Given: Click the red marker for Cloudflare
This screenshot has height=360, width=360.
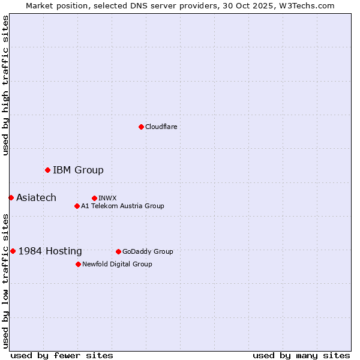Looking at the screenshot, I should coord(141,127).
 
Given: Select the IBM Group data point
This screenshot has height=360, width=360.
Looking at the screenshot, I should coord(47,170).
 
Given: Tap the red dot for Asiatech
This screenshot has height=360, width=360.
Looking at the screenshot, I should coord(11,197).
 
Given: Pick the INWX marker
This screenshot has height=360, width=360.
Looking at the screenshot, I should coord(94,198).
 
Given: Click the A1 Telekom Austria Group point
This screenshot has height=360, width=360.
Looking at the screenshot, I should coord(77,206).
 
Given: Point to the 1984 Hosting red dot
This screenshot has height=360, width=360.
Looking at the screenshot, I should coord(13,251).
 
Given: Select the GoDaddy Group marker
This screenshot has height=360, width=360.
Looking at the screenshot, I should coord(118,251).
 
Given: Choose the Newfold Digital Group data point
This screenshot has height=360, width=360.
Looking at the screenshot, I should coord(78,264).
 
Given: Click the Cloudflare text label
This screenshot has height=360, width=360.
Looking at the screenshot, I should coord(161,127).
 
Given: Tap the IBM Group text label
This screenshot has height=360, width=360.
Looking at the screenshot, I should coord(78,170).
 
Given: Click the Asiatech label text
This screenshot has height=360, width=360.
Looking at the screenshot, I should coord(36,197).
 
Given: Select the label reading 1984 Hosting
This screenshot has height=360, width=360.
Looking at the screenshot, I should coord(50,251).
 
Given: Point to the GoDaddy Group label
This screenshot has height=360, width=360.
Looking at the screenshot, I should coord(148,251).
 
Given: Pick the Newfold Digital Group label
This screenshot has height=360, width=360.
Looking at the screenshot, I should coord(117,264).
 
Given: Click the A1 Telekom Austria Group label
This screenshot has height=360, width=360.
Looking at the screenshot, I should coord(122,206).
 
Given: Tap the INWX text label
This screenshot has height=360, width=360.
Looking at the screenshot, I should coord(107,198).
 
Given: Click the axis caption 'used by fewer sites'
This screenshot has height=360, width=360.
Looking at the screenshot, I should coord(62,355).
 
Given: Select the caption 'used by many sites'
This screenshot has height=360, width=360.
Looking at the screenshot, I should coord(301,355).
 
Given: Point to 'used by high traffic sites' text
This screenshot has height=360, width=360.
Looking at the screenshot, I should coord(5,85).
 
